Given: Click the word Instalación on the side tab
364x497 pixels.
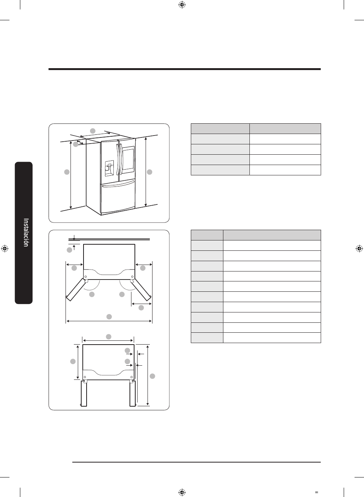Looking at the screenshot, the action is (x=26, y=232).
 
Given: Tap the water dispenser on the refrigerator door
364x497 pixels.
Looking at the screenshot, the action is (x=109, y=168).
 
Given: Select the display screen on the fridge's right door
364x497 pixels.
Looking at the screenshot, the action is (x=128, y=159).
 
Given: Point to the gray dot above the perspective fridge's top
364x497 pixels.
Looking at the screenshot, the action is (x=93, y=131).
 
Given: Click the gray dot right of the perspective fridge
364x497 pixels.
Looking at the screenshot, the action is (x=149, y=172).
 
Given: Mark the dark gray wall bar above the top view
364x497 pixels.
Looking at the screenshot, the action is (x=109, y=239).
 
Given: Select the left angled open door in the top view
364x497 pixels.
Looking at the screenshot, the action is (x=75, y=290).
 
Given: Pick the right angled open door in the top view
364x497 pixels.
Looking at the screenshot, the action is (x=141, y=290).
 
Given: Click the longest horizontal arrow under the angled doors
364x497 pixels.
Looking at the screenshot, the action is (x=109, y=321).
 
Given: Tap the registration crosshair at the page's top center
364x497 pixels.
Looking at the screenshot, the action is (x=182, y=5).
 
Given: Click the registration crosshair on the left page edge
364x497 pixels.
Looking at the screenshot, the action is (x=5, y=249).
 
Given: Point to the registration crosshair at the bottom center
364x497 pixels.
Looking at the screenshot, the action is (x=182, y=492).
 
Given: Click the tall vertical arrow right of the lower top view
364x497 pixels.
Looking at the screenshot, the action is (x=148, y=375).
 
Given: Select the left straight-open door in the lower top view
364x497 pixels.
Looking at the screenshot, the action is (x=84, y=393).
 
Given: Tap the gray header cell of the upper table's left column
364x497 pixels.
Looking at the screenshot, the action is (x=220, y=129).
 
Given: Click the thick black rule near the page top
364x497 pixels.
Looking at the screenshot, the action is (x=185, y=69).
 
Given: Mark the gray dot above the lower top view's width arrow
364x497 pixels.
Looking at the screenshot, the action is (x=108, y=337).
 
